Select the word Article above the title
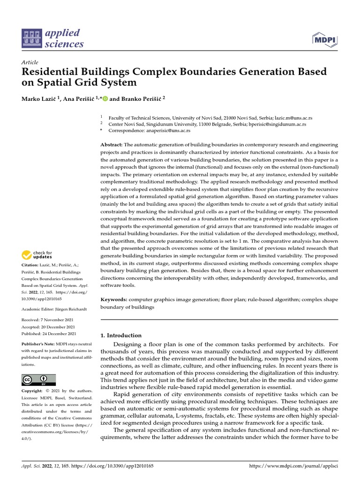pos(30,62)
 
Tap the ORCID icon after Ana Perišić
pos(105,98)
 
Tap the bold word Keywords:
pos(113,299)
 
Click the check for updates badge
pos(37,255)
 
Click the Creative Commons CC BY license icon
pos(38,380)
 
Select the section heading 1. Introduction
pos(121,335)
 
